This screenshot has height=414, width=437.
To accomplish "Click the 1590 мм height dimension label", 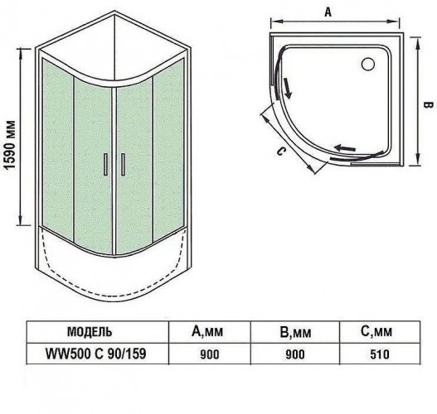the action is tap(9, 145).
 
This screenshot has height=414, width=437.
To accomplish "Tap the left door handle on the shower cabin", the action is tap(105, 165).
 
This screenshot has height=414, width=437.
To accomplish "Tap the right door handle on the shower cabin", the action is tap(123, 165).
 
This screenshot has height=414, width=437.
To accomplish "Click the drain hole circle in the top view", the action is tap(368, 64).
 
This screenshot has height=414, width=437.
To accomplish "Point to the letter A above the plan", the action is tap(328, 12).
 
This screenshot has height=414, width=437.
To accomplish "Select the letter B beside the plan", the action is tap(428, 105).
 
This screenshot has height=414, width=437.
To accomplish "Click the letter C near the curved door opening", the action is tap(281, 151).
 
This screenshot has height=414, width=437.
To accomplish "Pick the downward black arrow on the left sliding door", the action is tap(288, 89).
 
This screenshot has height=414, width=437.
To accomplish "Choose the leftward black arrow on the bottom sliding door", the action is tap(345, 147).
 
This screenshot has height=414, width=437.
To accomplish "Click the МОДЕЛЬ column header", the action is tap(90, 332).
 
